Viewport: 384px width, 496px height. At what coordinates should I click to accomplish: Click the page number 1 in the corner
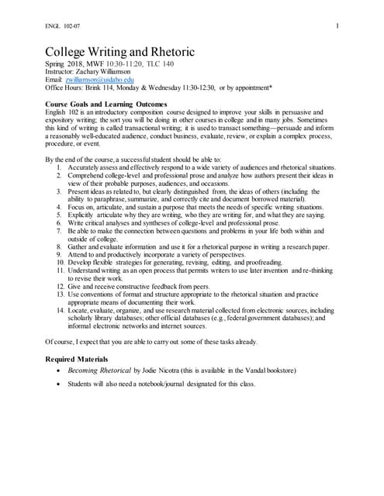[x=339, y=28]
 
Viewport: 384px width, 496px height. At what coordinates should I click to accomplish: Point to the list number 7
[x=61, y=232]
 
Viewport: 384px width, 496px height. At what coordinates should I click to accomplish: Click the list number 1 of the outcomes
[x=61, y=167]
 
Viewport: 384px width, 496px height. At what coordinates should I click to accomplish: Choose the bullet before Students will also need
[x=61, y=384]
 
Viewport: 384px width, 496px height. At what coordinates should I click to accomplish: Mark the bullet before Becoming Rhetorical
[x=61, y=371]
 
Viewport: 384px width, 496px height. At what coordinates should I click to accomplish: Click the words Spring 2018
[x=65, y=63]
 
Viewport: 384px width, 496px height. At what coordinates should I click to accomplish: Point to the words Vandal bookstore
[x=268, y=371]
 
